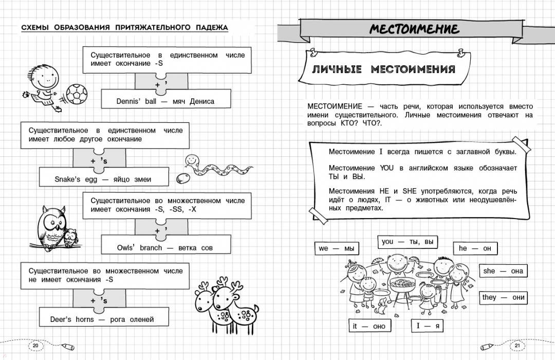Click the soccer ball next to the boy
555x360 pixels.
[x=77, y=95]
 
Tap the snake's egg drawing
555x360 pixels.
[x=182, y=178]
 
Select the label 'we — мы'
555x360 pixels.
[x=336, y=248]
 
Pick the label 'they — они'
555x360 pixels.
[x=503, y=297]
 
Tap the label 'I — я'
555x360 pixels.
[x=427, y=326]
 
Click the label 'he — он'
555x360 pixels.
[x=475, y=248]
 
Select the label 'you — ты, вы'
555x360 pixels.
[x=408, y=242]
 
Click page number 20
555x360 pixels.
[x=35, y=346]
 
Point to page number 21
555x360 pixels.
[x=517, y=346]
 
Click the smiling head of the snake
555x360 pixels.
[x=191, y=160]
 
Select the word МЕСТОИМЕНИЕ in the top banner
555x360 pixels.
[x=414, y=29]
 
